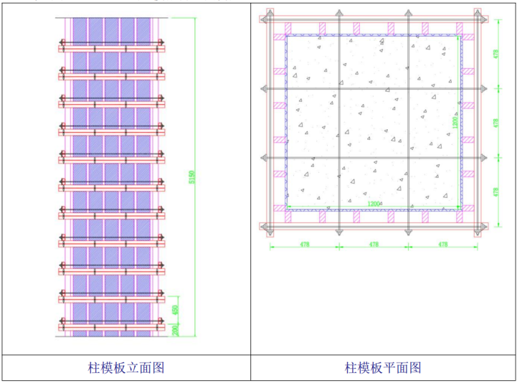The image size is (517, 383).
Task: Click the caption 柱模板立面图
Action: coord(126,368)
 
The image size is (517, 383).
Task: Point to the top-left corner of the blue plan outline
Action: coord(286,35)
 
